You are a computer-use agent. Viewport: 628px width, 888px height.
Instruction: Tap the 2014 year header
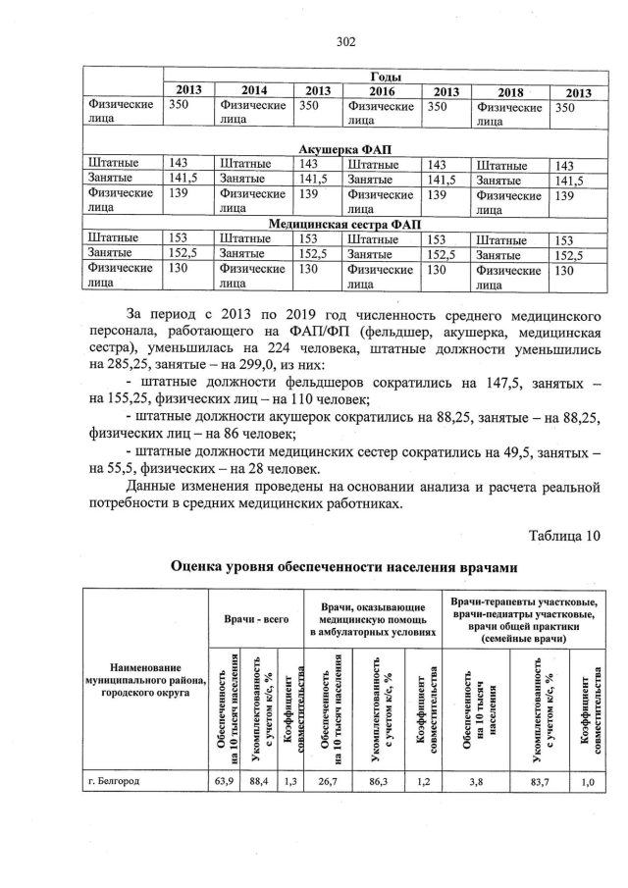[x=254, y=91]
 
